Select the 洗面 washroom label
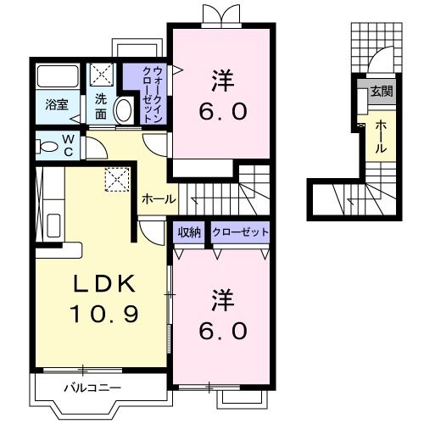[101, 104]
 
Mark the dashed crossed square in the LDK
[114, 179]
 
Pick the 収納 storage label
[189, 232]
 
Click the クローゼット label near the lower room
[240, 232]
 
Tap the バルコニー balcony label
[92, 388]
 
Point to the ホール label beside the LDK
[159, 199]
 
